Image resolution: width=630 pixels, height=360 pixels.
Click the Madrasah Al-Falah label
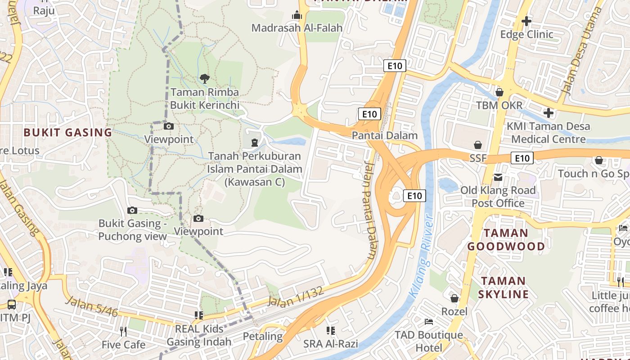coord(297,28)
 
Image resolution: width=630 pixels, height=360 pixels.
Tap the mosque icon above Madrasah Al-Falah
coord(297,16)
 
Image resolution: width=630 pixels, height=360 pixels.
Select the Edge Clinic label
coord(526,34)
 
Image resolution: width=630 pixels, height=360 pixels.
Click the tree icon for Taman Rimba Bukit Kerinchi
coord(204,79)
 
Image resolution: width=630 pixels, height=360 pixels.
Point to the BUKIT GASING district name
coord(67,132)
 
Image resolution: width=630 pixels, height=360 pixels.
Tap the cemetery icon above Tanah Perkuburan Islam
coord(255,143)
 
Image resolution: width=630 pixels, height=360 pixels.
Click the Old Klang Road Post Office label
coord(498,197)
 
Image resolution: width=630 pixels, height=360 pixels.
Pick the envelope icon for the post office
coord(498,177)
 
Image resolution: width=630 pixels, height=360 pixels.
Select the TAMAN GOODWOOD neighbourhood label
coord(506,239)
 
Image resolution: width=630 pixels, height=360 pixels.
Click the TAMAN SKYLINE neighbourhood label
coord(503,288)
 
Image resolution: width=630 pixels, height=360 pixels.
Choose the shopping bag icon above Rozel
coord(454,298)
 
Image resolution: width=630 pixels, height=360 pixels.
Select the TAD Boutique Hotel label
coord(428,341)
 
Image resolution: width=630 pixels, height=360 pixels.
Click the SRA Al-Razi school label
coord(331,344)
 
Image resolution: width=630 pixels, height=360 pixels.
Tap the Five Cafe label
coord(123,345)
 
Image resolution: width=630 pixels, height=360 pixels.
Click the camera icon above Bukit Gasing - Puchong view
coord(132,210)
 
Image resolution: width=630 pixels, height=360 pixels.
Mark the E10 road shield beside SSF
coord(522,158)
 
